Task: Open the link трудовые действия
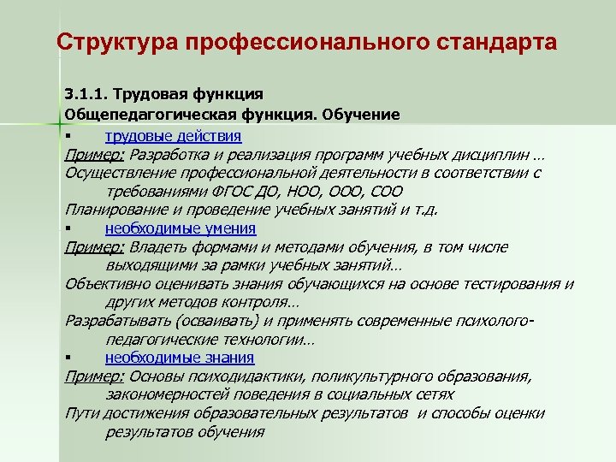(173, 136)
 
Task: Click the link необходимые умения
(181, 228)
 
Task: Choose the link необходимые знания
(180, 358)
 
